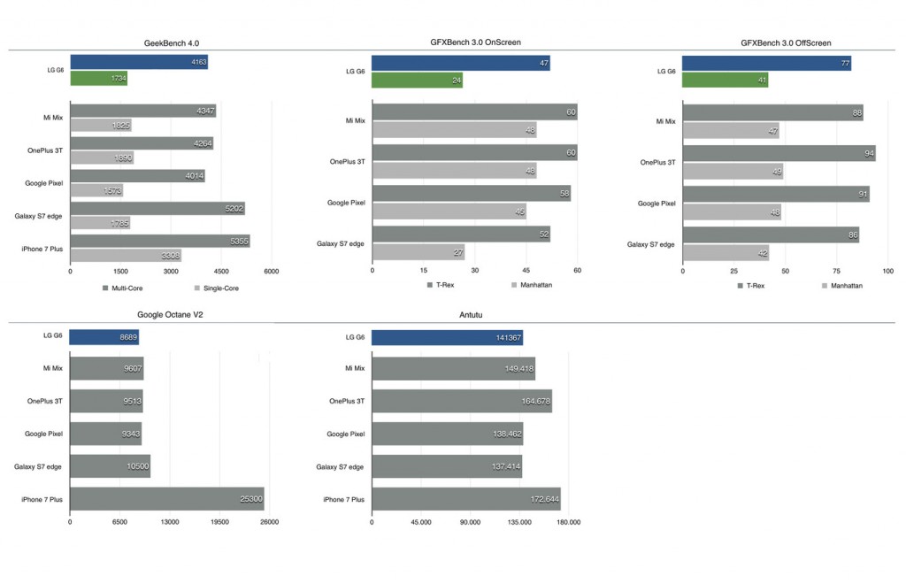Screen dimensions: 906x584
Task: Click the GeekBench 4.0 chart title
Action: pyautogui.click(x=171, y=43)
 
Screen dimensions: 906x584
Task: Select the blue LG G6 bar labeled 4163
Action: pyautogui.click(x=139, y=62)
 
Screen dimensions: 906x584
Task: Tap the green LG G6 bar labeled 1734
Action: pyautogui.click(x=99, y=78)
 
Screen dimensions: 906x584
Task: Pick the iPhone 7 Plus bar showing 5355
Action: pyautogui.click(x=160, y=241)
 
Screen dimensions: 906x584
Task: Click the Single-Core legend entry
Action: pyautogui.click(x=217, y=288)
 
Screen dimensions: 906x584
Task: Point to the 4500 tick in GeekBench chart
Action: pyautogui.click(x=221, y=271)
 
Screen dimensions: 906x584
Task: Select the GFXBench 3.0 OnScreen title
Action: pyautogui.click(x=475, y=42)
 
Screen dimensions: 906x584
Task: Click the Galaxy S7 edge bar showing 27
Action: pyautogui.click(x=418, y=252)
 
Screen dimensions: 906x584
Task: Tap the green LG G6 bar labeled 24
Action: pyautogui.click(x=418, y=80)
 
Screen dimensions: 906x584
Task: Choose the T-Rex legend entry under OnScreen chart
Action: pyautogui.click(x=441, y=285)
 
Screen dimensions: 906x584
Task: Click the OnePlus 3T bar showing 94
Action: pyautogui.click(x=779, y=153)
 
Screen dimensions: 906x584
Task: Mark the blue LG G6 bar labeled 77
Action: pyautogui.click(x=767, y=63)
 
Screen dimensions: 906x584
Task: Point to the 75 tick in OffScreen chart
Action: pyautogui.click(x=837, y=271)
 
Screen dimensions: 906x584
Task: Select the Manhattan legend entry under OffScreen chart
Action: pyautogui.click(x=842, y=286)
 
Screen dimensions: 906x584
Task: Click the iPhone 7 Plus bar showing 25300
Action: pyautogui.click(x=167, y=498)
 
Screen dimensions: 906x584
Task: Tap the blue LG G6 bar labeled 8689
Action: pyautogui.click(x=104, y=337)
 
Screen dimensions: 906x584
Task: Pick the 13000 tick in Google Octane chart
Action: pyautogui.click(x=170, y=521)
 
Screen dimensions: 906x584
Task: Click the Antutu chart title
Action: pyautogui.click(x=471, y=315)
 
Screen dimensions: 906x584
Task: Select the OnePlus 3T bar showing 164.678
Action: pyautogui.click(x=462, y=401)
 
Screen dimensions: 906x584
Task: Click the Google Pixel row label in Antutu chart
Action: pyautogui.click(x=346, y=434)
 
